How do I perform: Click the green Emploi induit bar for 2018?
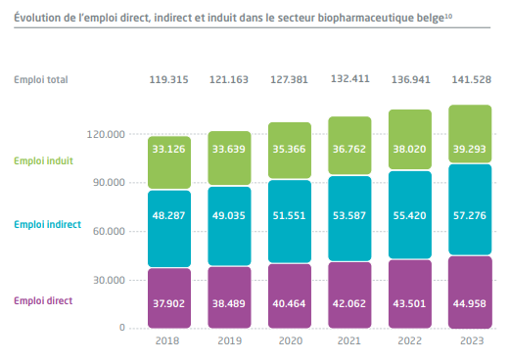(169, 162)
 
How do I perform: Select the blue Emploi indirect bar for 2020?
(290, 221)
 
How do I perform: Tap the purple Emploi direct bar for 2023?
(470, 292)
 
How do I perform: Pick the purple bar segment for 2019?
(229, 297)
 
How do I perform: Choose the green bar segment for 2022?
(410, 139)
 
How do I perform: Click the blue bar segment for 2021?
(349, 218)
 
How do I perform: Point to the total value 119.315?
(168, 79)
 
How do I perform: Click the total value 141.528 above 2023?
(471, 79)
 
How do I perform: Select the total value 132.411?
(350, 79)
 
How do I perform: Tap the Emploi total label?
(41, 79)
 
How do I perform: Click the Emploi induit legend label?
(43, 160)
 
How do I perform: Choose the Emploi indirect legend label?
(47, 224)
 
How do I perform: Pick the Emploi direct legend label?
(43, 300)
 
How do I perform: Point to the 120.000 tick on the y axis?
(106, 134)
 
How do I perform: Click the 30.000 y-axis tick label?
(109, 280)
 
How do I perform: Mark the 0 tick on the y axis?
(122, 328)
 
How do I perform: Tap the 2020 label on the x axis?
(291, 340)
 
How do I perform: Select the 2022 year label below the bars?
(410, 340)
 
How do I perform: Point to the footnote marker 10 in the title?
(448, 16)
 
